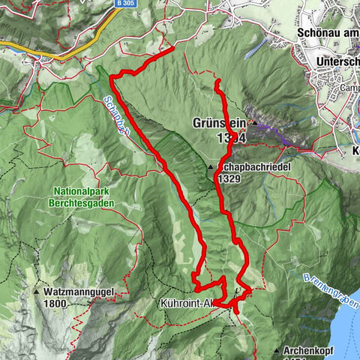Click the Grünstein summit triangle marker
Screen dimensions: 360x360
tap(255, 122)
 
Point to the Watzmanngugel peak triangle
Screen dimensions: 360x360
tap(37, 290)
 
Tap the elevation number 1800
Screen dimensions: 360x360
tap(54, 304)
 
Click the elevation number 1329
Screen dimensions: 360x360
tap(228, 180)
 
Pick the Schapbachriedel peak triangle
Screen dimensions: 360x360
tap(210, 166)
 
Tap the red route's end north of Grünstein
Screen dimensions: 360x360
tap(217, 81)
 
